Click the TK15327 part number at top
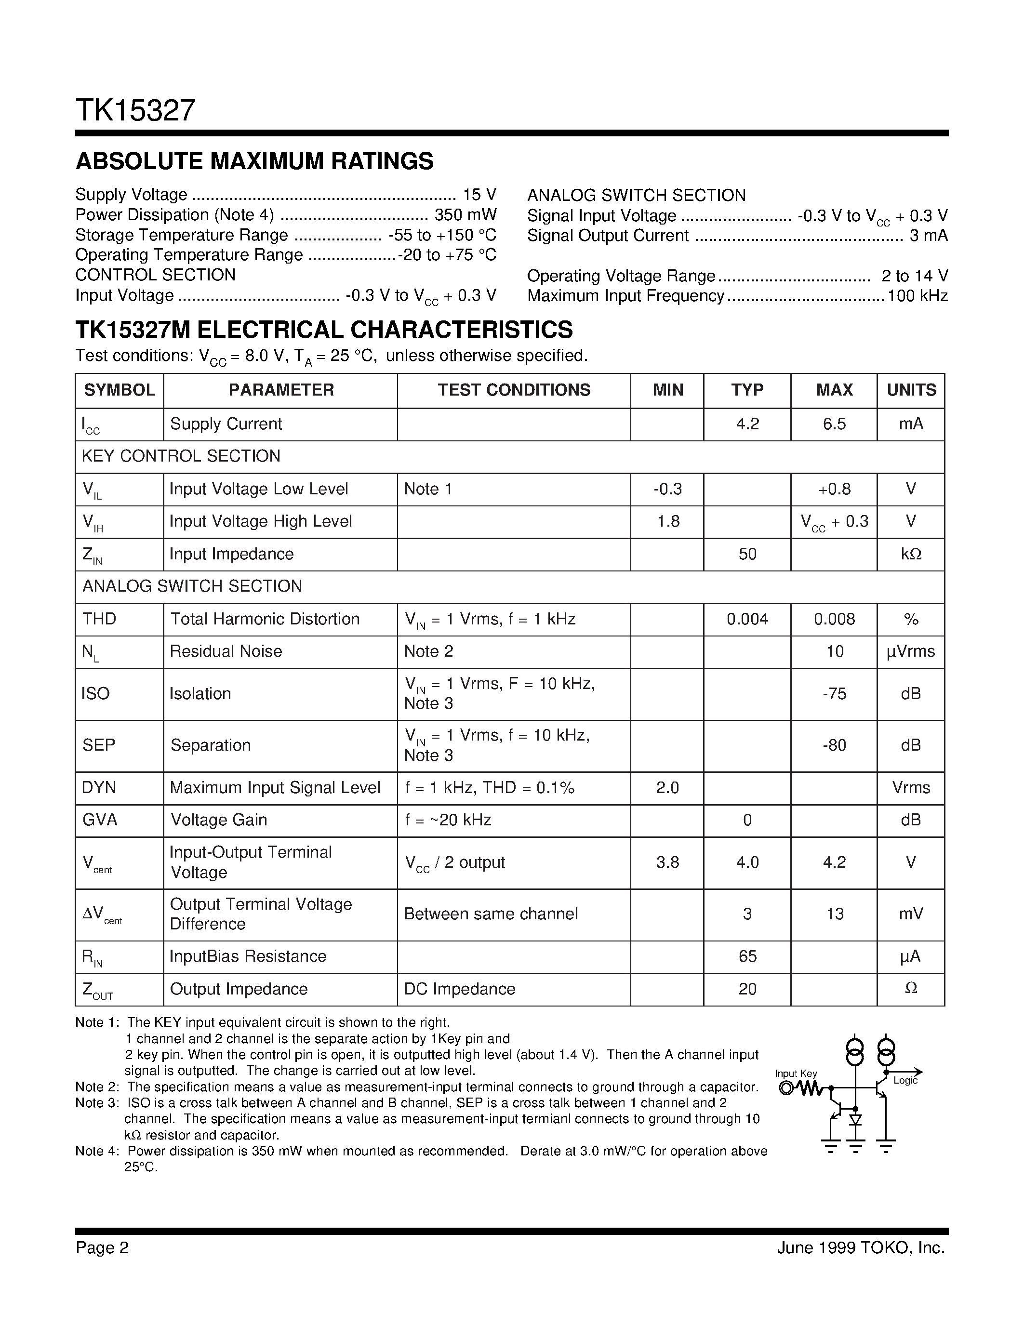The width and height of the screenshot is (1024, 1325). click(x=135, y=111)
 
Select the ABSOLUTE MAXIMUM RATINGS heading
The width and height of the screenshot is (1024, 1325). click(x=254, y=161)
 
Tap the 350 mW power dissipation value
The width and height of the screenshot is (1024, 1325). click(x=465, y=215)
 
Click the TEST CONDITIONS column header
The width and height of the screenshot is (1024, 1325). click(x=514, y=390)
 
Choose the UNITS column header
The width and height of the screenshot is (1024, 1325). click(x=911, y=390)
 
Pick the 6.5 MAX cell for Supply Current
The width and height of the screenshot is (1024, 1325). click(x=834, y=424)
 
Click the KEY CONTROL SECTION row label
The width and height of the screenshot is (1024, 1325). click(x=181, y=456)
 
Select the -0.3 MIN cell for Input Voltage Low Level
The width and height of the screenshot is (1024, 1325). click(x=667, y=489)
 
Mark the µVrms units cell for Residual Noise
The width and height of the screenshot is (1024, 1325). click(x=911, y=651)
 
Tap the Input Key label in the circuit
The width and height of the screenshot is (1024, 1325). click(x=796, y=1074)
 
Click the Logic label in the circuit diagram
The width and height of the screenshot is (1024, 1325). click(x=905, y=1081)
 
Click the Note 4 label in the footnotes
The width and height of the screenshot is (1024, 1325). click(x=96, y=1152)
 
